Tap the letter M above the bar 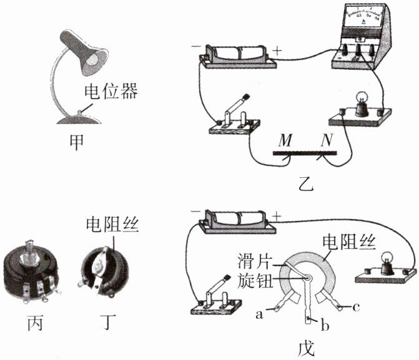tap(285, 142)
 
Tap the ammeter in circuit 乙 tap(360, 37)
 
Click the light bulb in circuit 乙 tap(362, 102)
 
